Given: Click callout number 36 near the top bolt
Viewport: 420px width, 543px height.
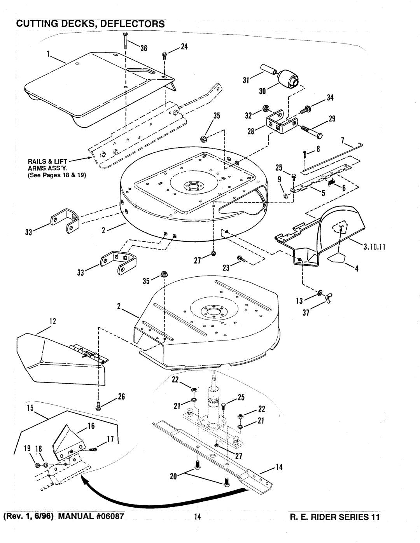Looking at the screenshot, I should point(144,49).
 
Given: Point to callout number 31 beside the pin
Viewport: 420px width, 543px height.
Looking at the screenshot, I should point(246,80).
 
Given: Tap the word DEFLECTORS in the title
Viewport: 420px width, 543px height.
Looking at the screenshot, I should point(131,24).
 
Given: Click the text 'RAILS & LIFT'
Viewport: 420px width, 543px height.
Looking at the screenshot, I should point(53,161).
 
